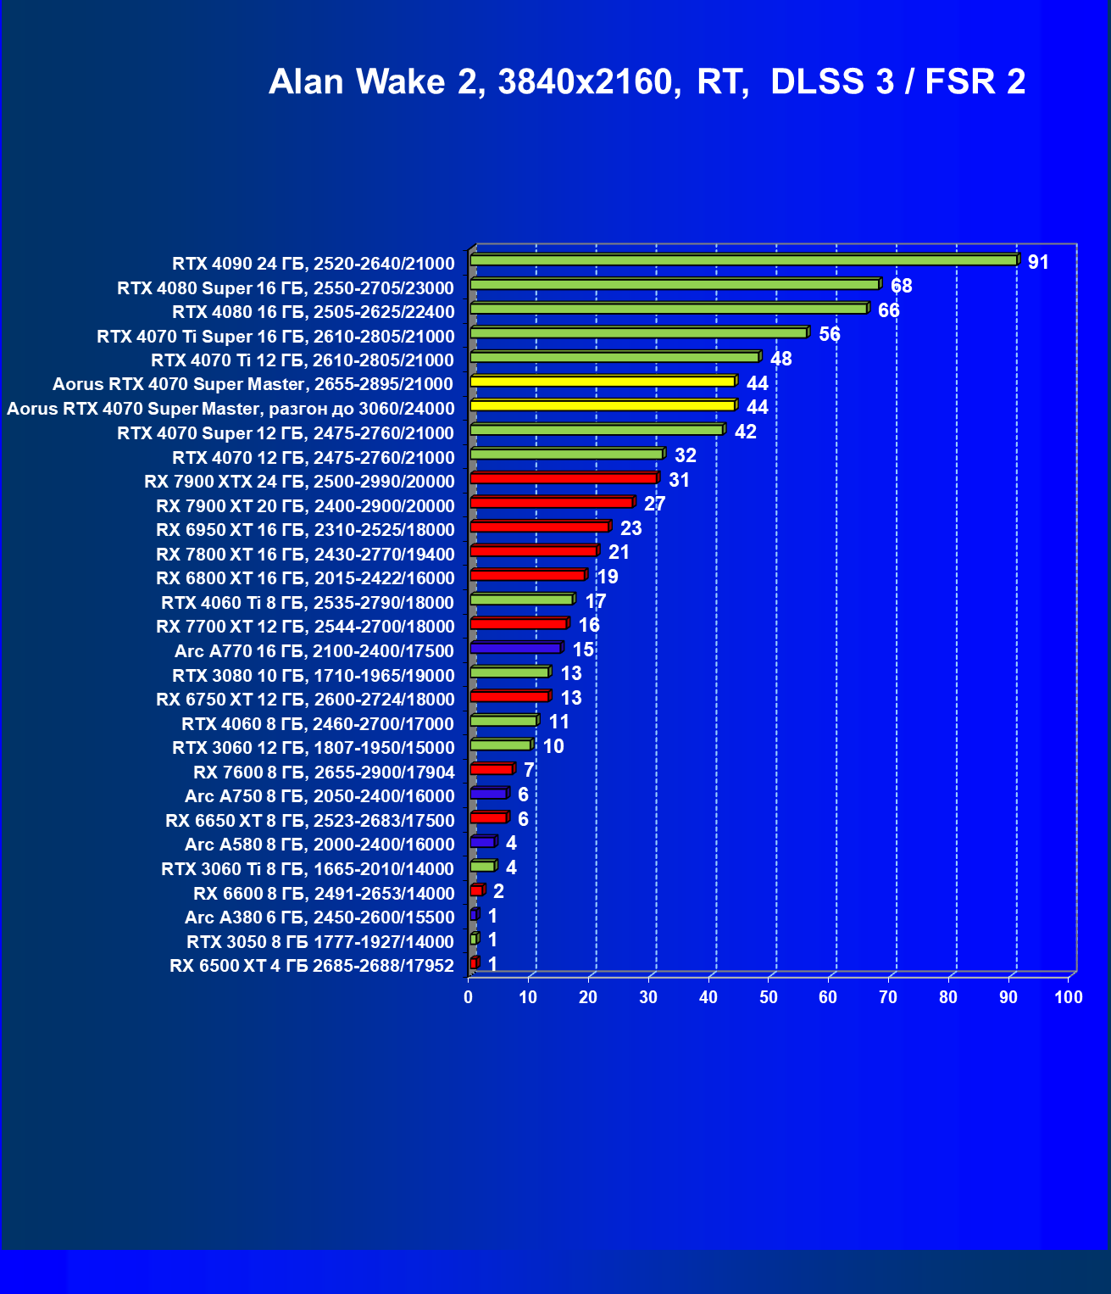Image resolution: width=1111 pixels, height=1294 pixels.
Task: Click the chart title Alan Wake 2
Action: click(x=647, y=81)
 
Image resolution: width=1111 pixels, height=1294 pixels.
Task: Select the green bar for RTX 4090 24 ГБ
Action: click(x=743, y=260)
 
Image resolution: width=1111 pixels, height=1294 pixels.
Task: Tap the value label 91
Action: click(x=1038, y=262)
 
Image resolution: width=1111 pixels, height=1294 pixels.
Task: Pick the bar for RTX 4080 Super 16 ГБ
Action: click(x=675, y=284)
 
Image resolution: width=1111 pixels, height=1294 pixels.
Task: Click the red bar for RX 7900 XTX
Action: click(x=564, y=478)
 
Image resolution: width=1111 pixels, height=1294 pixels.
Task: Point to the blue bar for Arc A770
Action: click(x=515, y=648)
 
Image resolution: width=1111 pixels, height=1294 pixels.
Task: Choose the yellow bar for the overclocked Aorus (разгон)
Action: click(x=603, y=405)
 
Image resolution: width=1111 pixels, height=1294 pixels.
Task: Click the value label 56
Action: click(x=830, y=334)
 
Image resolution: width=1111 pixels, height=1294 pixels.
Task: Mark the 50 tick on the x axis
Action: click(x=769, y=997)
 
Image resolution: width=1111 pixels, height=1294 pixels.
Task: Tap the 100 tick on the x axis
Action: click(x=1069, y=997)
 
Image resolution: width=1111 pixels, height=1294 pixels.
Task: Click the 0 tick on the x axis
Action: click(x=469, y=997)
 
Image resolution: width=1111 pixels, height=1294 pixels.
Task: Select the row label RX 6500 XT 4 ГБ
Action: click(x=312, y=966)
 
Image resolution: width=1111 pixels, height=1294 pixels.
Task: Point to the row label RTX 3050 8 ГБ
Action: click(x=320, y=941)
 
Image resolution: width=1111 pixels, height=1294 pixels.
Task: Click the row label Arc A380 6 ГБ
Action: click(x=319, y=918)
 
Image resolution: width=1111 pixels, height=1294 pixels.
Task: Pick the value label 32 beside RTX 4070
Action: click(x=685, y=455)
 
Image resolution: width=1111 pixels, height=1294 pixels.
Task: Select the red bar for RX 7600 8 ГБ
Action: click(x=492, y=769)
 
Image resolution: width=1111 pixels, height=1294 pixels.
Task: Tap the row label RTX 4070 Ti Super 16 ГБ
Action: click(x=275, y=337)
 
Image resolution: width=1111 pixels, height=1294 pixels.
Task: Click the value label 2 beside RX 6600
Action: click(x=498, y=891)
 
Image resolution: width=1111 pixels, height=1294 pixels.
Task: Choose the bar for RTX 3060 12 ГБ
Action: click(x=501, y=745)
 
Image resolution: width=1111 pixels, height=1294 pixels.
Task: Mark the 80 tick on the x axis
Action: click(x=948, y=997)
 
